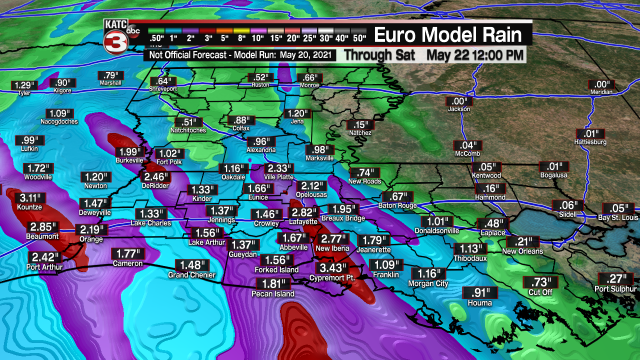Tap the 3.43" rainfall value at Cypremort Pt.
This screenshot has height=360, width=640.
tap(333, 268)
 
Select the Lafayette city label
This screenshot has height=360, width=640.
tap(303, 221)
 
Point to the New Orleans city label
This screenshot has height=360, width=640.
tap(522, 251)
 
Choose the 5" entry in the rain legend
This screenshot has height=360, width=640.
tap(225, 37)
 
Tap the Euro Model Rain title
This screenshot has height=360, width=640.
tap(448, 35)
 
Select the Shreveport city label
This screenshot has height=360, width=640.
tap(163, 88)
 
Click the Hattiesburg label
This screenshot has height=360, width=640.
tap(590, 142)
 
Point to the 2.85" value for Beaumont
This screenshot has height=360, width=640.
tap(43, 227)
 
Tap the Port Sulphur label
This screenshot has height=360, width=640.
tap(615, 289)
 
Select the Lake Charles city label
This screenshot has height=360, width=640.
tap(151, 223)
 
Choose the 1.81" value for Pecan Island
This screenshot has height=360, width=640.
tap(273, 284)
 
